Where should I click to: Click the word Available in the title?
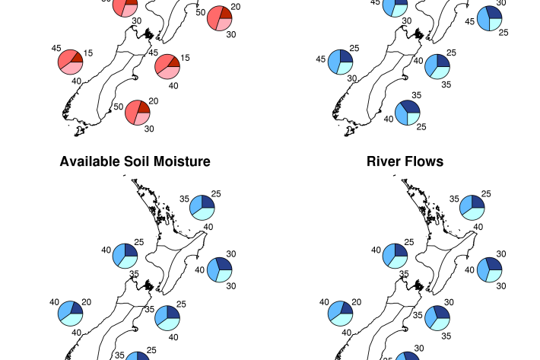coord(88,161)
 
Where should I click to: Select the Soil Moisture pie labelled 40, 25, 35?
coord(125,256)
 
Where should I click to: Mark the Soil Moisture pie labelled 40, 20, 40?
coord(70,314)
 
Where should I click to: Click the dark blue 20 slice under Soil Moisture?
coord(76,308)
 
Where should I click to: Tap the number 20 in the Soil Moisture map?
coord(86,302)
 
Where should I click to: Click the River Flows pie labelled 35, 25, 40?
coord(471,206)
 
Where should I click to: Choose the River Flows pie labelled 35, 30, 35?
coord(437,317)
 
